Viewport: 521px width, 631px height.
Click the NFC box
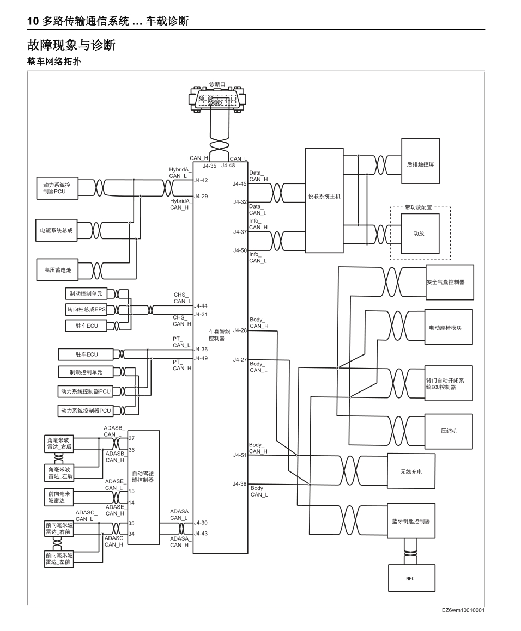pyautogui.click(x=411, y=578)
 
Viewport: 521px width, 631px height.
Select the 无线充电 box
pyautogui.click(x=411, y=471)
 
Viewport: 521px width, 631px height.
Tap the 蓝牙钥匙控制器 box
pyautogui.click(x=411, y=521)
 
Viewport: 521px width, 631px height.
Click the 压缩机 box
pyautogui.click(x=449, y=431)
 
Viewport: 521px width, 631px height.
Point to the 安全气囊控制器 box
pyautogui.click(x=449, y=283)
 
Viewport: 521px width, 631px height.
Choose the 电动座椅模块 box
pyautogui.click(x=449, y=328)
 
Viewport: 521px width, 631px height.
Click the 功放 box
pyautogui.click(x=419, y=233)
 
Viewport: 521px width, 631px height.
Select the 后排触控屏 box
pyautogui.click(x=420, y=164)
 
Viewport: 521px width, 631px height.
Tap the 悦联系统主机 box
pyautogui.click(x=324, y=197)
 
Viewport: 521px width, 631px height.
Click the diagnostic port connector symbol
pyautogui.click(x=217, y=101)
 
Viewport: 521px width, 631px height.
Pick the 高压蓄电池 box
pyautogui.click(x=58, y=269)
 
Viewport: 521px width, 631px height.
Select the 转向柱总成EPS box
pyautogui.click(x=86, y=309)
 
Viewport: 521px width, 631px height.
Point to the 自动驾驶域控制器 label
pyautogui.click(x=143, y=477)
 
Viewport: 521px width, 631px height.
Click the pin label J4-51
pyautogui.click(x=239, y=455)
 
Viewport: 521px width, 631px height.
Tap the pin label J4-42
pyautogui.click(x=201, y=180)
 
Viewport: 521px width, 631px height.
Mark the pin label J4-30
pyautogui.click(x=201, y=523)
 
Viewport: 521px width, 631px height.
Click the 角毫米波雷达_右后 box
pyautogui.click(x=59, y=443)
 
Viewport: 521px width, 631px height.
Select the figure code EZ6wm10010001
pyautogui.click(x=463, y=610)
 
